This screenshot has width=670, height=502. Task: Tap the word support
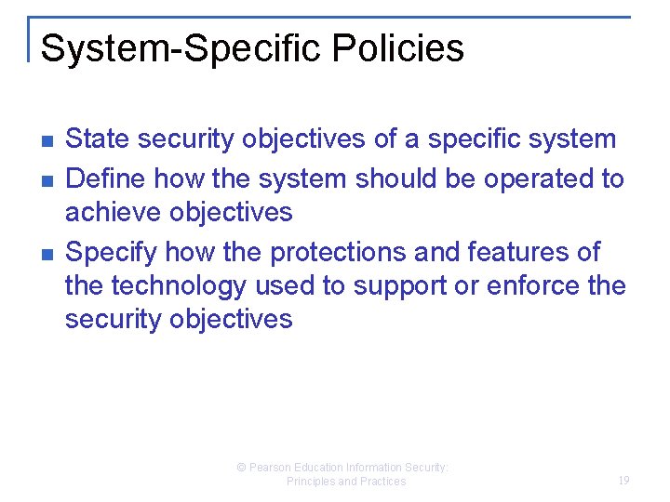click(404, 286)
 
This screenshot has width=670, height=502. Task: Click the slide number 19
click(623, 481)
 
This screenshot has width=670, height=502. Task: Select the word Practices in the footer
click(382, 482)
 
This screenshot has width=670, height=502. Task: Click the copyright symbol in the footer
click(241, 468)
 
